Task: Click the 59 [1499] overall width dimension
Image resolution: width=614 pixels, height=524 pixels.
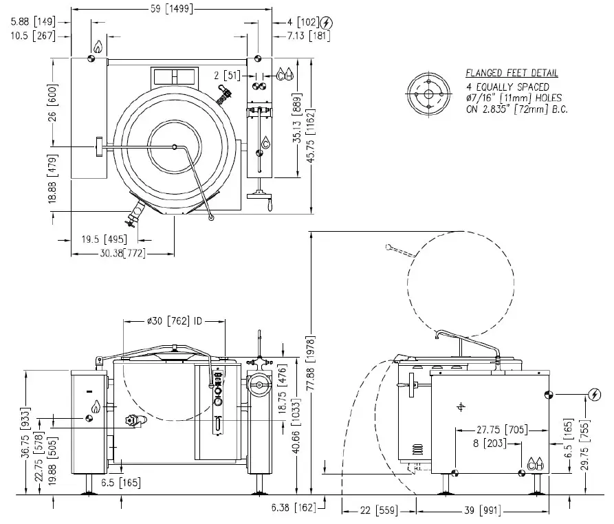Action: point(171,9)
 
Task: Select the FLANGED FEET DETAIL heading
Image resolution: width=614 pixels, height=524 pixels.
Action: point(512,73)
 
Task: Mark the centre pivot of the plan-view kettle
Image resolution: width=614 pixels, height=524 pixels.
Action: point(175,146)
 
